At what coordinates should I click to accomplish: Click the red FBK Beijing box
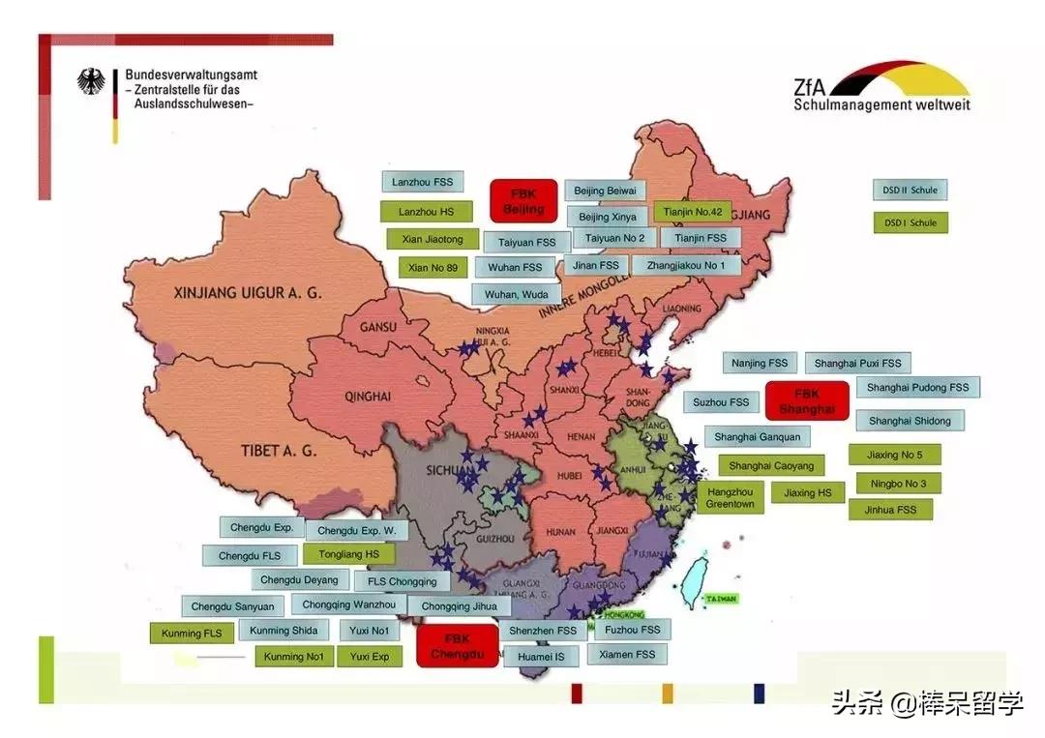click(x=523, y=200)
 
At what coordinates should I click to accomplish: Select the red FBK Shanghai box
click(x=806, y=400)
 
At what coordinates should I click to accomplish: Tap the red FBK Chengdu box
click(x=457, y=646)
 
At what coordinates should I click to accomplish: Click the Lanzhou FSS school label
click(x=422, y=182)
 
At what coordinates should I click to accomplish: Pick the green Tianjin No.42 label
click(x=694, y=212)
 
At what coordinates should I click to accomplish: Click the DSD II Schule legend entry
click(x=910, y=191)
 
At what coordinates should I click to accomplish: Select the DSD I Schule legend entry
click(x=910, y=222)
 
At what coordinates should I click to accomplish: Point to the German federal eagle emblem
click(x=93, y=81)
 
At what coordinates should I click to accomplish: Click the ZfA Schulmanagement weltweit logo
click(x=881, y=87)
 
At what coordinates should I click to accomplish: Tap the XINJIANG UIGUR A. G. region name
click(x=247, y=292)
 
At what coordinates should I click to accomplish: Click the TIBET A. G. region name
click(x=279, y=450)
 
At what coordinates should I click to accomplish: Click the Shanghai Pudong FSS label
click(x=917, y=388)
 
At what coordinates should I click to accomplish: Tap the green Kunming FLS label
click(x=192, y=634)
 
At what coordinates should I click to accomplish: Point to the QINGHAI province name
click(x=367, y=397)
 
